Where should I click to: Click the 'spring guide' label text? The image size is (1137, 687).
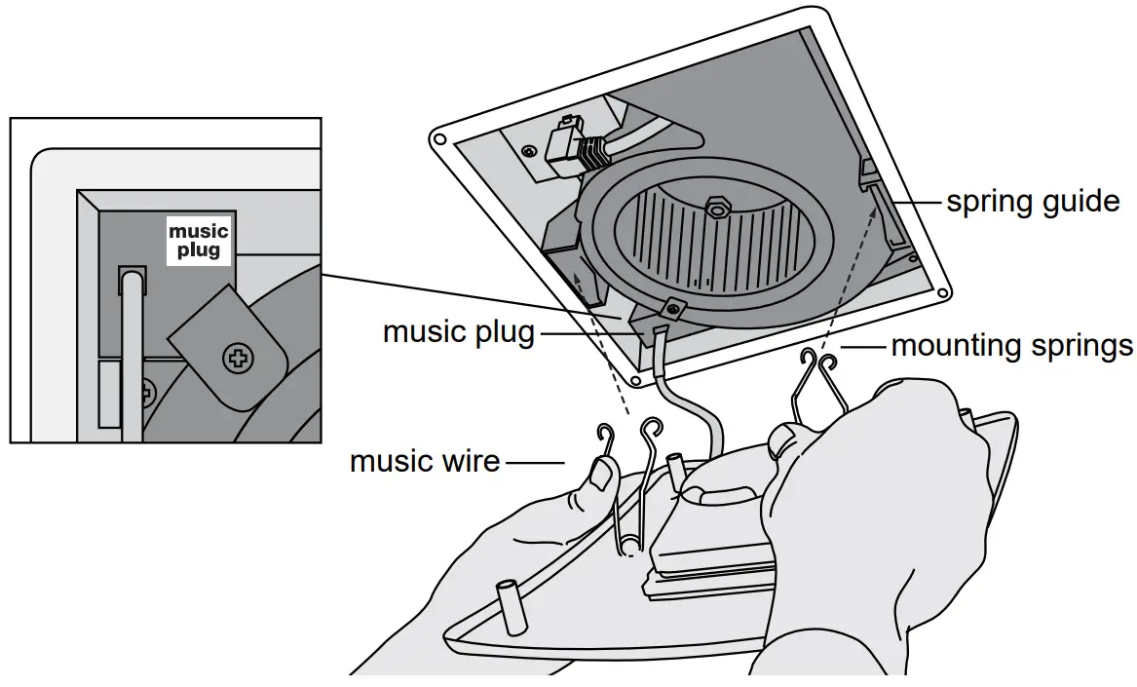click(1033, 203)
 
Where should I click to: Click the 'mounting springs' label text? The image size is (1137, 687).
click(1011, 346)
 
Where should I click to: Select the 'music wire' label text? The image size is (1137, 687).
click(425, 461)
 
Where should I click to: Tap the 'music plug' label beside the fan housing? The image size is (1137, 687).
click(458, 332)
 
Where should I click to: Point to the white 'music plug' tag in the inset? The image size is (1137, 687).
click(199, 240)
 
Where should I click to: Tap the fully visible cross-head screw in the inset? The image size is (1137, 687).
click(237, 359)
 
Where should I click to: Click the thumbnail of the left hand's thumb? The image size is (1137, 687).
click(600, 477)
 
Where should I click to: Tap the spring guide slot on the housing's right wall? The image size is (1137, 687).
click(868, 175)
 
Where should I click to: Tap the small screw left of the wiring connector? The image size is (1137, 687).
click(527, 151)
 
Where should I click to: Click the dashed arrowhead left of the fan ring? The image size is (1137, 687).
click(579, 281)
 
